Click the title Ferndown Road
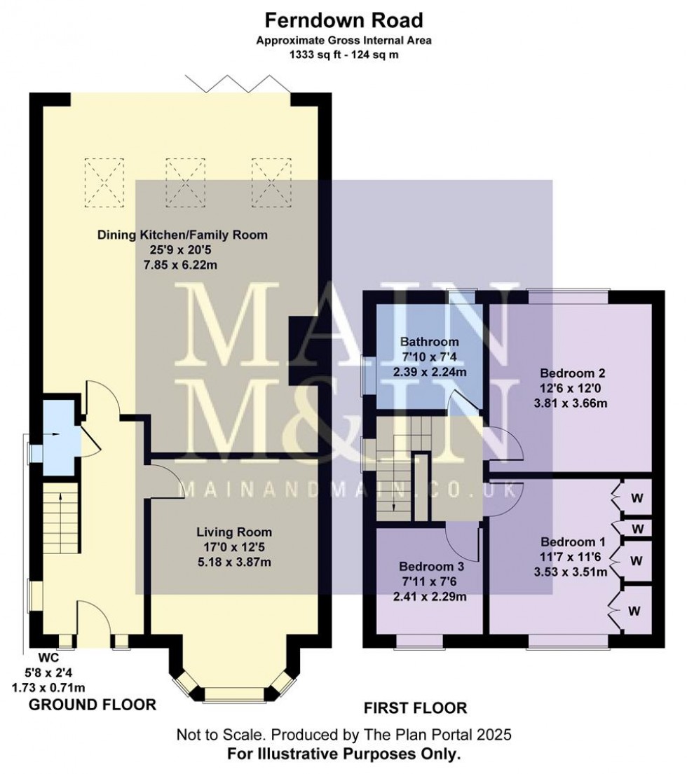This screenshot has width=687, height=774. [x=343, y=21]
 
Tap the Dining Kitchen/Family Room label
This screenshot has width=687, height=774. [x=182, y=235]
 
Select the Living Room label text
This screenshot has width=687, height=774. [x=234, y=532]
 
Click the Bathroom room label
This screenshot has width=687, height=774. [x=429, y=342]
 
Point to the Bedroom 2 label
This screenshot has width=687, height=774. [x=573, y=373]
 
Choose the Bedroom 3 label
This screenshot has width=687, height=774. [x=431, y=567]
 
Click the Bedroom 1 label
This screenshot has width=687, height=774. [x=573, y=542]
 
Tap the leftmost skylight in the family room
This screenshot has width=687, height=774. [x=104, y=182]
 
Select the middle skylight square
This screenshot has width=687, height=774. [x=185, y=182]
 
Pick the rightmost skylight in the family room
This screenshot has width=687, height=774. [x=271, y=182]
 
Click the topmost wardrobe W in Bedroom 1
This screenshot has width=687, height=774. [x=637, y=498]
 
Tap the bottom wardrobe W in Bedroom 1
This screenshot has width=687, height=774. [x=634, y=611]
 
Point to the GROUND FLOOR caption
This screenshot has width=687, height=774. [x=93, y=705]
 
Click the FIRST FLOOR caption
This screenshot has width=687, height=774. [x=416, y=708]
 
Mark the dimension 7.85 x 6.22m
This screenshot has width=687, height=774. [x=180, y=265]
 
